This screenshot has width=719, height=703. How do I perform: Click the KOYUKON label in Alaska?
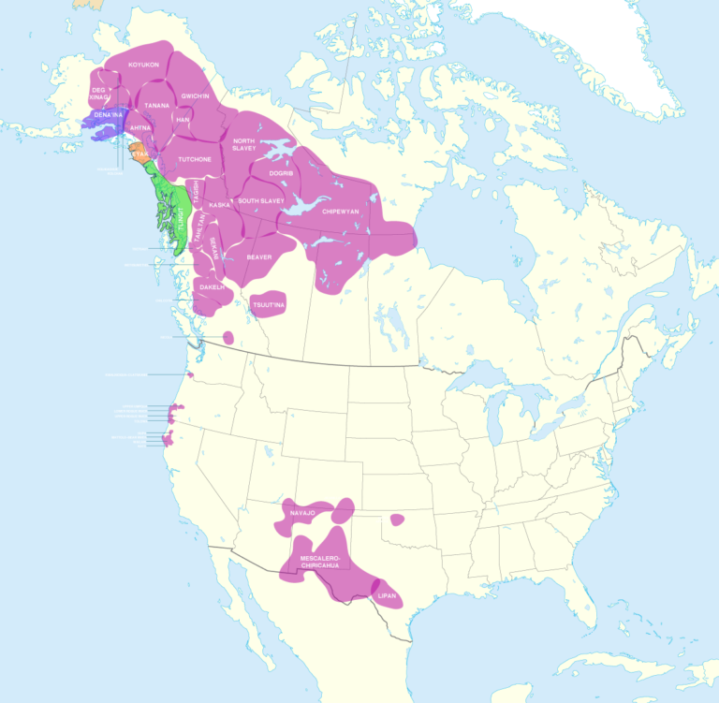coord(144,65)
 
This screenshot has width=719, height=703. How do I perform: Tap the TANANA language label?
coord(156,106)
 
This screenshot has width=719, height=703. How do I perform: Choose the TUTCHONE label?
coord(195,159)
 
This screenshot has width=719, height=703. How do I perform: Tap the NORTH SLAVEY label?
coord(244,145)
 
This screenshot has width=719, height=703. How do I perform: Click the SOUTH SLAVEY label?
coord(261,201)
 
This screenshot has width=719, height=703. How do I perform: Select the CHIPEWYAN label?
coord(341,212)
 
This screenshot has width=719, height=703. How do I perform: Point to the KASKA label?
coord(220,204)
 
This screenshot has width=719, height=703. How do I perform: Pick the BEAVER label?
coord(259,256)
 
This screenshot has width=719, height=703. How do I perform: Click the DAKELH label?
coord(213,287)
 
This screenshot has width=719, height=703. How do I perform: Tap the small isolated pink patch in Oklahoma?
coord(397,519)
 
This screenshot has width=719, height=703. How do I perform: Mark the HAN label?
coord(183,120)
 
